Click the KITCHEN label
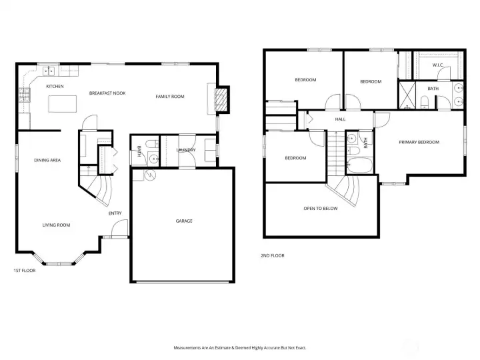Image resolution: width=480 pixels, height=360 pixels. [x=55, y=86]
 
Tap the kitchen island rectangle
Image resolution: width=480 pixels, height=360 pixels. [x=63, y=104]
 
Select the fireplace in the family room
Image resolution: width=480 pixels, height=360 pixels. [x=221, y=100]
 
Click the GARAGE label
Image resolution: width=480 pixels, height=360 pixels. [x=184, y=221]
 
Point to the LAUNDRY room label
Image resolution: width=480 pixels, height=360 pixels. [x=186, y=150]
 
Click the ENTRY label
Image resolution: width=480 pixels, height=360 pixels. [x=115, y=213]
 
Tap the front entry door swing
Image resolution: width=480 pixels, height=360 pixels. [x=119, y=229]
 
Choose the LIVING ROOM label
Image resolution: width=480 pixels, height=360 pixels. [x=56, y=225]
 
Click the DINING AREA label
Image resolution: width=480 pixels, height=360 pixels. [x=47, y=160]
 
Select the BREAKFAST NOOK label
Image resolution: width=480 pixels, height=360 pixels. [x=107, y=93]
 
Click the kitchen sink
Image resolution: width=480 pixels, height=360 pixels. [x=49, y=71]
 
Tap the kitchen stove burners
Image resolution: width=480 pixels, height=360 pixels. [x=25, y=95]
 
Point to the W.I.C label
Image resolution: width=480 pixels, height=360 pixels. [x=438, y=65]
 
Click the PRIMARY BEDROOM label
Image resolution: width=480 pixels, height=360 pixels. [x=419, y=142]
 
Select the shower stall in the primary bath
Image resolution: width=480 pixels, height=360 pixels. [x=407, y=95]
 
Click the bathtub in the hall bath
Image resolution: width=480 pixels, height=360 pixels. [x=360, y=165]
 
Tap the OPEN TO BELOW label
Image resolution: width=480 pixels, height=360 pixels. [x=321, y=209]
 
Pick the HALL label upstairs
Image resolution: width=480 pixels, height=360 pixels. [x=340, y=119]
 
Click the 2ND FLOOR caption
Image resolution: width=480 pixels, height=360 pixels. [x=273, y=255]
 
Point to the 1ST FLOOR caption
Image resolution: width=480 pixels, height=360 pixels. [x=25, y=270]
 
